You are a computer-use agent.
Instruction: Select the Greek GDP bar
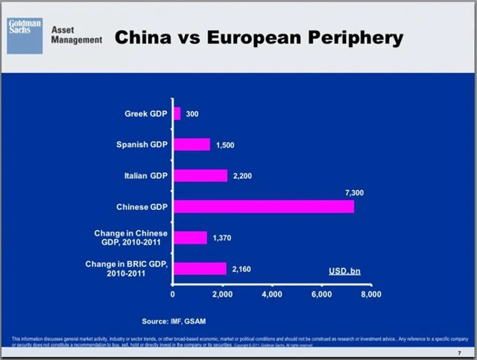[x=177, y=114]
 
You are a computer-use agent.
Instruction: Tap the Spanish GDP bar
[x=192, y=145]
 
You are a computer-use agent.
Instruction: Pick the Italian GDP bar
[x=200, y=176]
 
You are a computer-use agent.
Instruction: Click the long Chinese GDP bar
[x=263, y=206]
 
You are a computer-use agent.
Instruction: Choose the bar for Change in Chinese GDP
[x=190, y=238]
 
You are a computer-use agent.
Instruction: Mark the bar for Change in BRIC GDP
[x=200, y=268]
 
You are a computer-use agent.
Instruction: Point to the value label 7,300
[x=354, y=192]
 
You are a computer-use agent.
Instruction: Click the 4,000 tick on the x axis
[x=272, y=294]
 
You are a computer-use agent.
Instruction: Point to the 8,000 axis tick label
[x=370, y=294]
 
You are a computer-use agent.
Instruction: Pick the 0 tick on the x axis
[x=173, y=294]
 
